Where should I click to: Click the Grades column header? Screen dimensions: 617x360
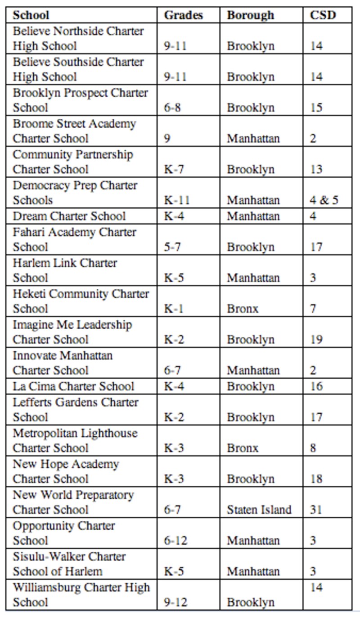coord(183,15)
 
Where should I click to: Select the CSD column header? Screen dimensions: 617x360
coord(323,15)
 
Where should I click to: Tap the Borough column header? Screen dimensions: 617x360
coord(250,15)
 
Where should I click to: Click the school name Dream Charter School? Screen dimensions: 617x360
coord(69,216)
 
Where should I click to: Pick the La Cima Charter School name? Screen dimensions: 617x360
coord(73,386)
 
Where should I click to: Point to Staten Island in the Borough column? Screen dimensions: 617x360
coord(259,510)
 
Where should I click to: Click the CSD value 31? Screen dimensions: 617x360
coord(316,510)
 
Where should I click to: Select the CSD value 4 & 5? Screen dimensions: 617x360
coord(324,200)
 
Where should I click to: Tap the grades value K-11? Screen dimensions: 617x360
coord(176,200)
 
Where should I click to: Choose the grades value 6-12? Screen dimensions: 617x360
coord(175,541)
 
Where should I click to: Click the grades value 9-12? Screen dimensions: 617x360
coord(175,602)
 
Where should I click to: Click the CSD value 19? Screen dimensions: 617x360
coord(316,340)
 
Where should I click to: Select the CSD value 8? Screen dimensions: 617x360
coord(313,448)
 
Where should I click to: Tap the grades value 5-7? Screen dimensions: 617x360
coord(172,247)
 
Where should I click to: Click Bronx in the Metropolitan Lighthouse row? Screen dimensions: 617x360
coord(243,448)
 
